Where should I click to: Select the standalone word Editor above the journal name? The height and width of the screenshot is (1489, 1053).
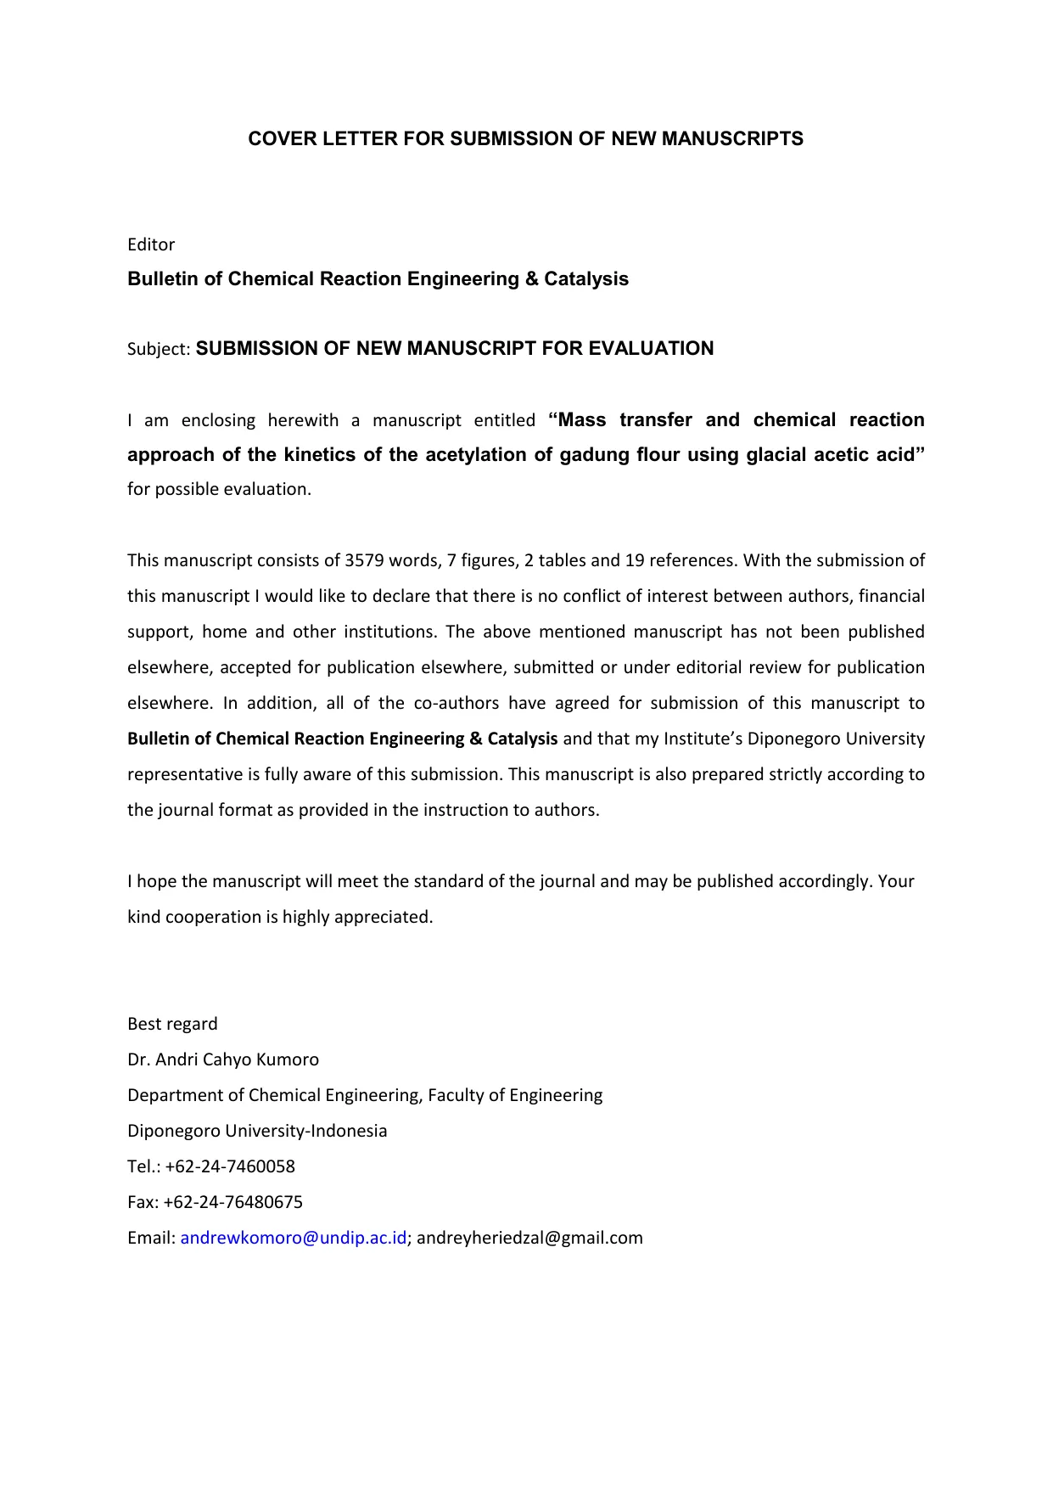[151, 244]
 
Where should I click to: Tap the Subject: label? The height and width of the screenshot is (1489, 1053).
[159, 349]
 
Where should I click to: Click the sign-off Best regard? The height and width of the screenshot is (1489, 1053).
[172, 1024]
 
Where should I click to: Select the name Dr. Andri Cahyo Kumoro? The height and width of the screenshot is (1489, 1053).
[223, 1059]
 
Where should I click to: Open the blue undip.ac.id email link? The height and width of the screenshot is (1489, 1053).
[294, 1238]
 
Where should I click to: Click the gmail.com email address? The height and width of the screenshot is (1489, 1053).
[529, 1238]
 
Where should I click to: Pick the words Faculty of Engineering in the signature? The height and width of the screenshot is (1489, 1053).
[515, 1095]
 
